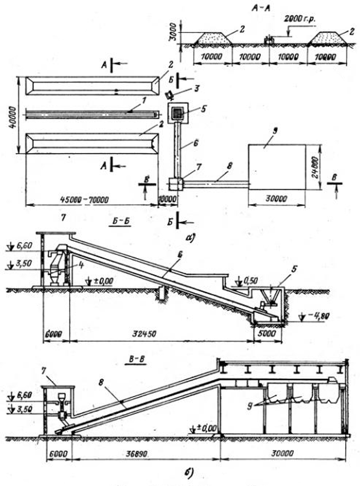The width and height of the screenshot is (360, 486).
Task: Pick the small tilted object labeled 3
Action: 168,95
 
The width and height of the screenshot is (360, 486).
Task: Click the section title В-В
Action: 135,359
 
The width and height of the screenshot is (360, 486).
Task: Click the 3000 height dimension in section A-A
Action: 174,32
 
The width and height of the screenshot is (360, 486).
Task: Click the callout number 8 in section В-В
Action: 101,382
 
